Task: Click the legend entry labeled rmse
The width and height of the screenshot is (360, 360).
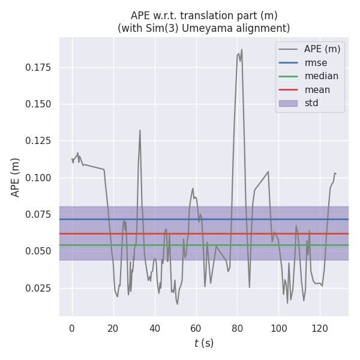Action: click(x=316, y=63)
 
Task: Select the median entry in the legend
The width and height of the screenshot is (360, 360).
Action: click(x=321, y=76)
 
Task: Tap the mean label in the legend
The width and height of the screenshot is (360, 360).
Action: click(x=317, y=90)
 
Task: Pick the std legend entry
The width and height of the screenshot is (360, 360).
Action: click(x=311, y=103)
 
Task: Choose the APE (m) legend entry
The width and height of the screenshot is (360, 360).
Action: click(x=322, y=49)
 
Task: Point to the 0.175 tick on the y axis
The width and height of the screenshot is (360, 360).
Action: click(x=38, y=67)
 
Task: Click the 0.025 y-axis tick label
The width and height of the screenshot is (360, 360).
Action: click(x=38, y=288)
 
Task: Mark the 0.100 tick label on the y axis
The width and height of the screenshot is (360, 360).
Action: click(x=38, y=178)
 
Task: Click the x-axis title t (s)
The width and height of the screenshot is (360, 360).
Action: click(x=203, y=343)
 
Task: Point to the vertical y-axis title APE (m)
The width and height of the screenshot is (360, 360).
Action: click(x=16, y=177)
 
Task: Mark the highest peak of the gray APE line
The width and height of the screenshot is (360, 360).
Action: click(x=242, y=49)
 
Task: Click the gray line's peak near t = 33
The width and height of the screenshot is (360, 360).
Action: click(x=140, y=130)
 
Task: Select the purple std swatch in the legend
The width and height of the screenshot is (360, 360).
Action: click(x=288, y=103)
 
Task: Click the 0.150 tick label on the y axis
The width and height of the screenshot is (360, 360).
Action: click(x=38, y=104)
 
